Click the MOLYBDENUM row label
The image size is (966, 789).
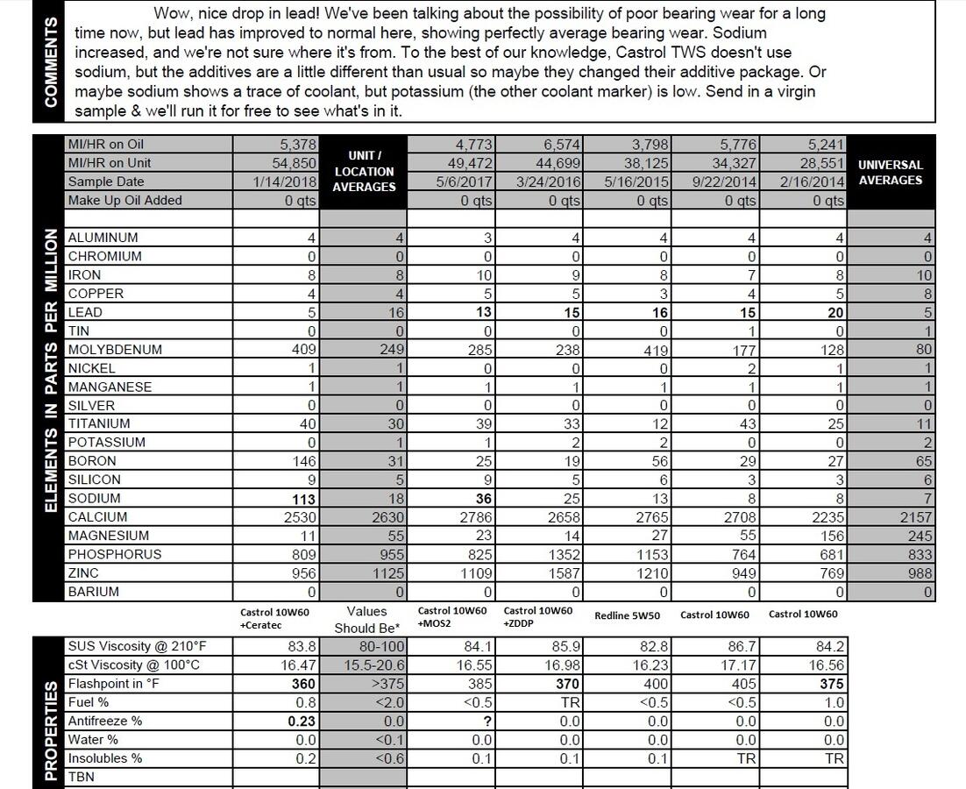coord(115,350)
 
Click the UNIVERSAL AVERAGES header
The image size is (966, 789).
coord(890,172)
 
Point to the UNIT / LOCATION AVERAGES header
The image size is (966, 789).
coord(364,171)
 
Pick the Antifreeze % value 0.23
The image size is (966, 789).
coord(299,721)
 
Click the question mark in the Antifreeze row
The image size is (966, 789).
coord(487,721)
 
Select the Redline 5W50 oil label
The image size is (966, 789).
coord(626,615)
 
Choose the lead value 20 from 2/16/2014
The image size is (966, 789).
coord(835,313)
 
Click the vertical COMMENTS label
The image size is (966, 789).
coord(51,61)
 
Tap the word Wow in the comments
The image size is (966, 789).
coord(171,14)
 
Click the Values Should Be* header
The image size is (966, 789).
coord(366,620)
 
